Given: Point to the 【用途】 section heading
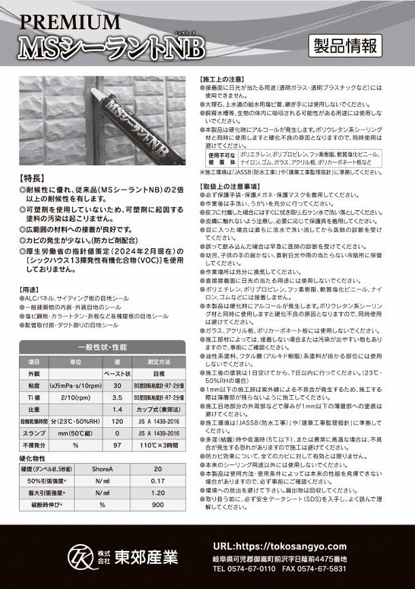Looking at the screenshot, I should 33,290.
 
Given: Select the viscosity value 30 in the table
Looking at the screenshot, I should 118,385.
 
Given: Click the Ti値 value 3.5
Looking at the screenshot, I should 118,398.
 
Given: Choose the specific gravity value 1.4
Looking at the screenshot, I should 118,411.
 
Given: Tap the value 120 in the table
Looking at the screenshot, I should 118,423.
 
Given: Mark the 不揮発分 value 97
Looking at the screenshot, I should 118,448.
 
